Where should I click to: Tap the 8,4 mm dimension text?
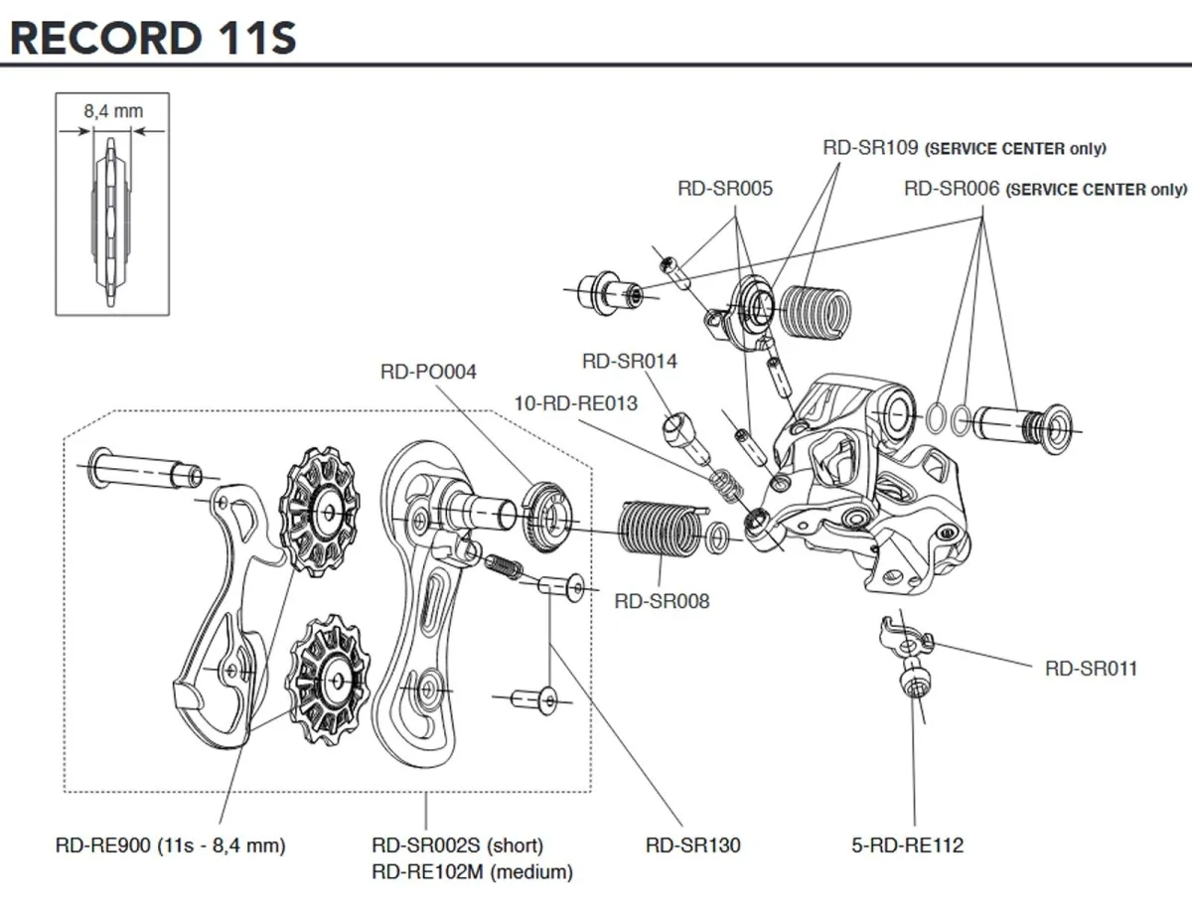pyautogui.click(x=112, y=111)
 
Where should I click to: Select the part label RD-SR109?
pyautogui.click(x=871, y=148)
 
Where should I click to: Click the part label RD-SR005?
pyautogui.click(x=725, y=188)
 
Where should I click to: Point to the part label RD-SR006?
pyautogui.click(x=953, y=188)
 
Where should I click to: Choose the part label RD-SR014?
pyautogui.click(x=630, y=361)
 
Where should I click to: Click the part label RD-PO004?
pyautogui.click(x=428, y=372)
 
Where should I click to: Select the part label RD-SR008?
pyautogui.click(x=662, y=600)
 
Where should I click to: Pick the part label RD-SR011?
pyautogui.click(x=1090, y=668)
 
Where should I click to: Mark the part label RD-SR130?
pyautogui.click(x=692, y=845)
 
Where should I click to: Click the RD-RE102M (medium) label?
pyautogui.click(x=472, y=872)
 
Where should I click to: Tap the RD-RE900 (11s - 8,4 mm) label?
pyautogui.click(x=170, y=845)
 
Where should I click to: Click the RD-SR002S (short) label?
pyautogui.click(x=457, y=845)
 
